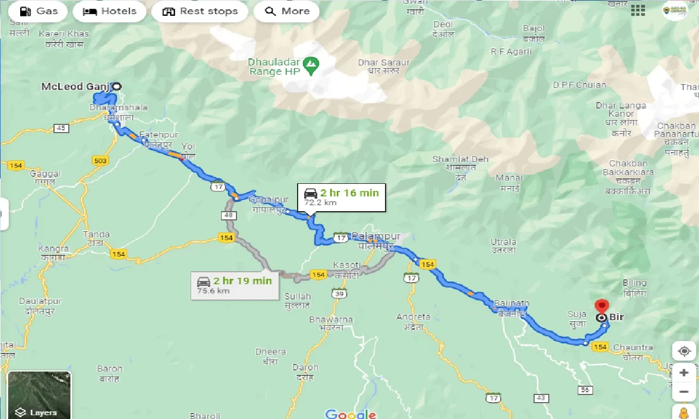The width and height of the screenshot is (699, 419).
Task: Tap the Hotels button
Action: click(109, 11)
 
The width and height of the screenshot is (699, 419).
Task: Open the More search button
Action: click(287, 11)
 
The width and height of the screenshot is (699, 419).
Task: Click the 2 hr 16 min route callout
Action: click(341, 197)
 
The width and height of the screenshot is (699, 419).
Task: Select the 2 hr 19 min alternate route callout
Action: click(234, 285)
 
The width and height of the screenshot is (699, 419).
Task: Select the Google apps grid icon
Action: click(637, 10)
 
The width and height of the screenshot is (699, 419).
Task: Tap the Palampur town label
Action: click(376, 236)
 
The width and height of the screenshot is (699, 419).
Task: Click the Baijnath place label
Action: click(512, 303)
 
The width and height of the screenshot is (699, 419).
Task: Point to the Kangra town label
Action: click(54, 249)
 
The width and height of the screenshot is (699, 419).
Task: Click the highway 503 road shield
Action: click(101, 160)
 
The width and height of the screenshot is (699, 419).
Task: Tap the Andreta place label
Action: click(413, 316)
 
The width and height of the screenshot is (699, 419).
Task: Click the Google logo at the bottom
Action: click(351, 414)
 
